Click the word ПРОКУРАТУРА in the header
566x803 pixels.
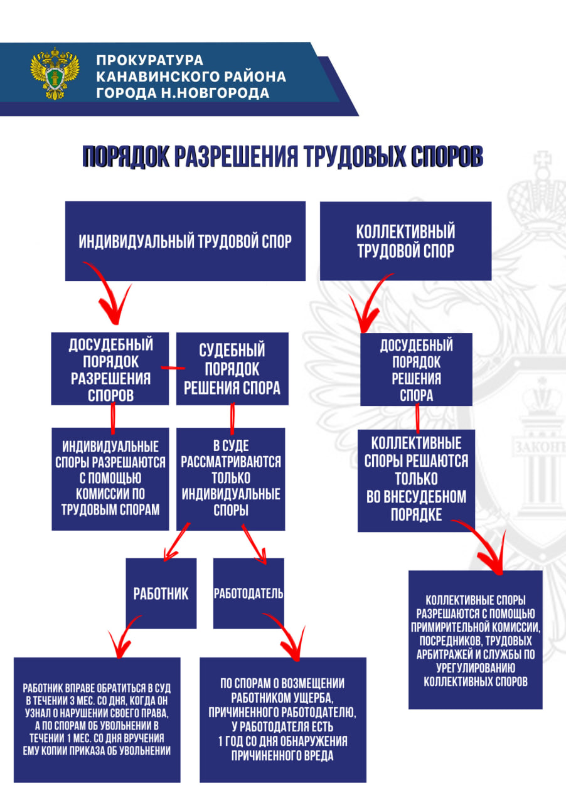(x=150, y=61)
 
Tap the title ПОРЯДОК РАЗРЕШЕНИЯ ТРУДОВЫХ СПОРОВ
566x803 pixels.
(x=282, y=157)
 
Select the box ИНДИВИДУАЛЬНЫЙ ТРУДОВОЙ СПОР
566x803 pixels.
(x=185, y=241)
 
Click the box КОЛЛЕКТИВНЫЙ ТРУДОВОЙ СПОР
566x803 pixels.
(x=405, y=241)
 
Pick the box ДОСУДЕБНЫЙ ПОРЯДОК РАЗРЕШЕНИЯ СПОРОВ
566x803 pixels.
(x=110, y=369)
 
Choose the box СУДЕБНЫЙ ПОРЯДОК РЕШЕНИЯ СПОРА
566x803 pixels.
(x=232, y=369)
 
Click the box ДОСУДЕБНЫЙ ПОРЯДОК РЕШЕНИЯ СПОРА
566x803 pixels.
(x=416, y=369)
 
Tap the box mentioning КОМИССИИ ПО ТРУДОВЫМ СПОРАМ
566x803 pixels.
(x=110, y=478)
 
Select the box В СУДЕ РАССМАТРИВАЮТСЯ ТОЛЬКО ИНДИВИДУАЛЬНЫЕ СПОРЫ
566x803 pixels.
(x=231, y=478)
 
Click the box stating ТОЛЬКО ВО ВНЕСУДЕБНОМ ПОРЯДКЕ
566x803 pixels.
(x=417, y=479)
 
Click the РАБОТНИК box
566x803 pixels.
(x=161, y=593)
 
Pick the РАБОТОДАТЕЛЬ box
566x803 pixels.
(x=248, y=593)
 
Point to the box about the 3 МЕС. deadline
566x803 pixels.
(x=97, y=719)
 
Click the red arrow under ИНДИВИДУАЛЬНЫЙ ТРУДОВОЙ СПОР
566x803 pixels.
(x=110, y=295)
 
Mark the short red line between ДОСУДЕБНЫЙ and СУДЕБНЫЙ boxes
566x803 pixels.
(x=173, y=368)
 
